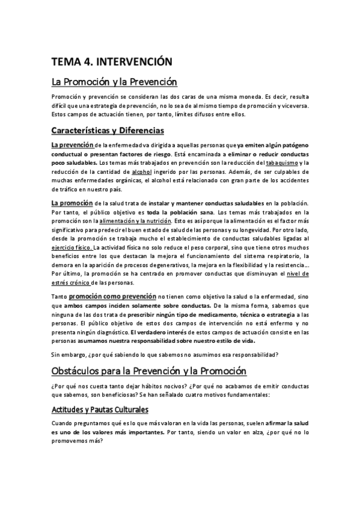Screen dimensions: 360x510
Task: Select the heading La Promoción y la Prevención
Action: pyautogui.click(x=114, y=81)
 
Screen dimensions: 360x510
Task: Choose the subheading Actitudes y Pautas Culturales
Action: pyautogui.click(x=100, y=409)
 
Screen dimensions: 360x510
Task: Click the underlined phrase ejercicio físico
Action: pyautogui.click(x=72, y=247)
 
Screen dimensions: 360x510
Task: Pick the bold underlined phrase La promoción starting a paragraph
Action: pyautogui.click(x=72, y=204)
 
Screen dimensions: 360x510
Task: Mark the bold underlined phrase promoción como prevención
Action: pyautogui.click(x=112, y=296)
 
